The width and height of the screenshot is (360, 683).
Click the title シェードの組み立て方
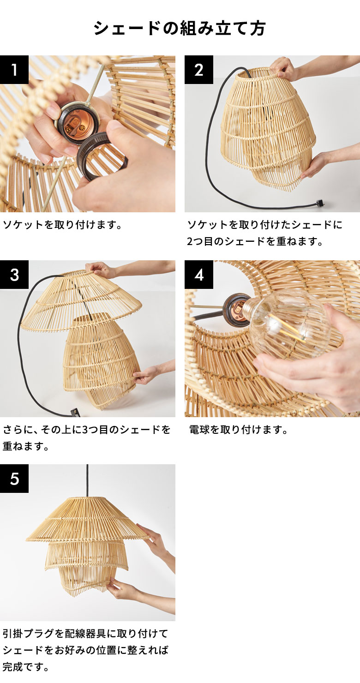point(180,29)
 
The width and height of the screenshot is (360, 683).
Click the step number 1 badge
point(14,70)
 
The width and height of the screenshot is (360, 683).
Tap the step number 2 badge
point(199,70)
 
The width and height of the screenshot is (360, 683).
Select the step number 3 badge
point(14,275)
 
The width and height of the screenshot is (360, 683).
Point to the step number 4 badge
point(199,275)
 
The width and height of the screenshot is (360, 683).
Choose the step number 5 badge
point(14,479)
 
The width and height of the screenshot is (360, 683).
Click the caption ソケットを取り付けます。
point(62,225)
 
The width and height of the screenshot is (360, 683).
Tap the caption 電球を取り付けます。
point(239,430)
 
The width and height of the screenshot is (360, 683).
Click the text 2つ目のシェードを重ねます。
point(255,241)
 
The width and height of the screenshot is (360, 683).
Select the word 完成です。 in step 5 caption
point(26,667)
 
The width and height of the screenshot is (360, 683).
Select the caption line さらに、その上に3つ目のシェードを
point(87,430)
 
